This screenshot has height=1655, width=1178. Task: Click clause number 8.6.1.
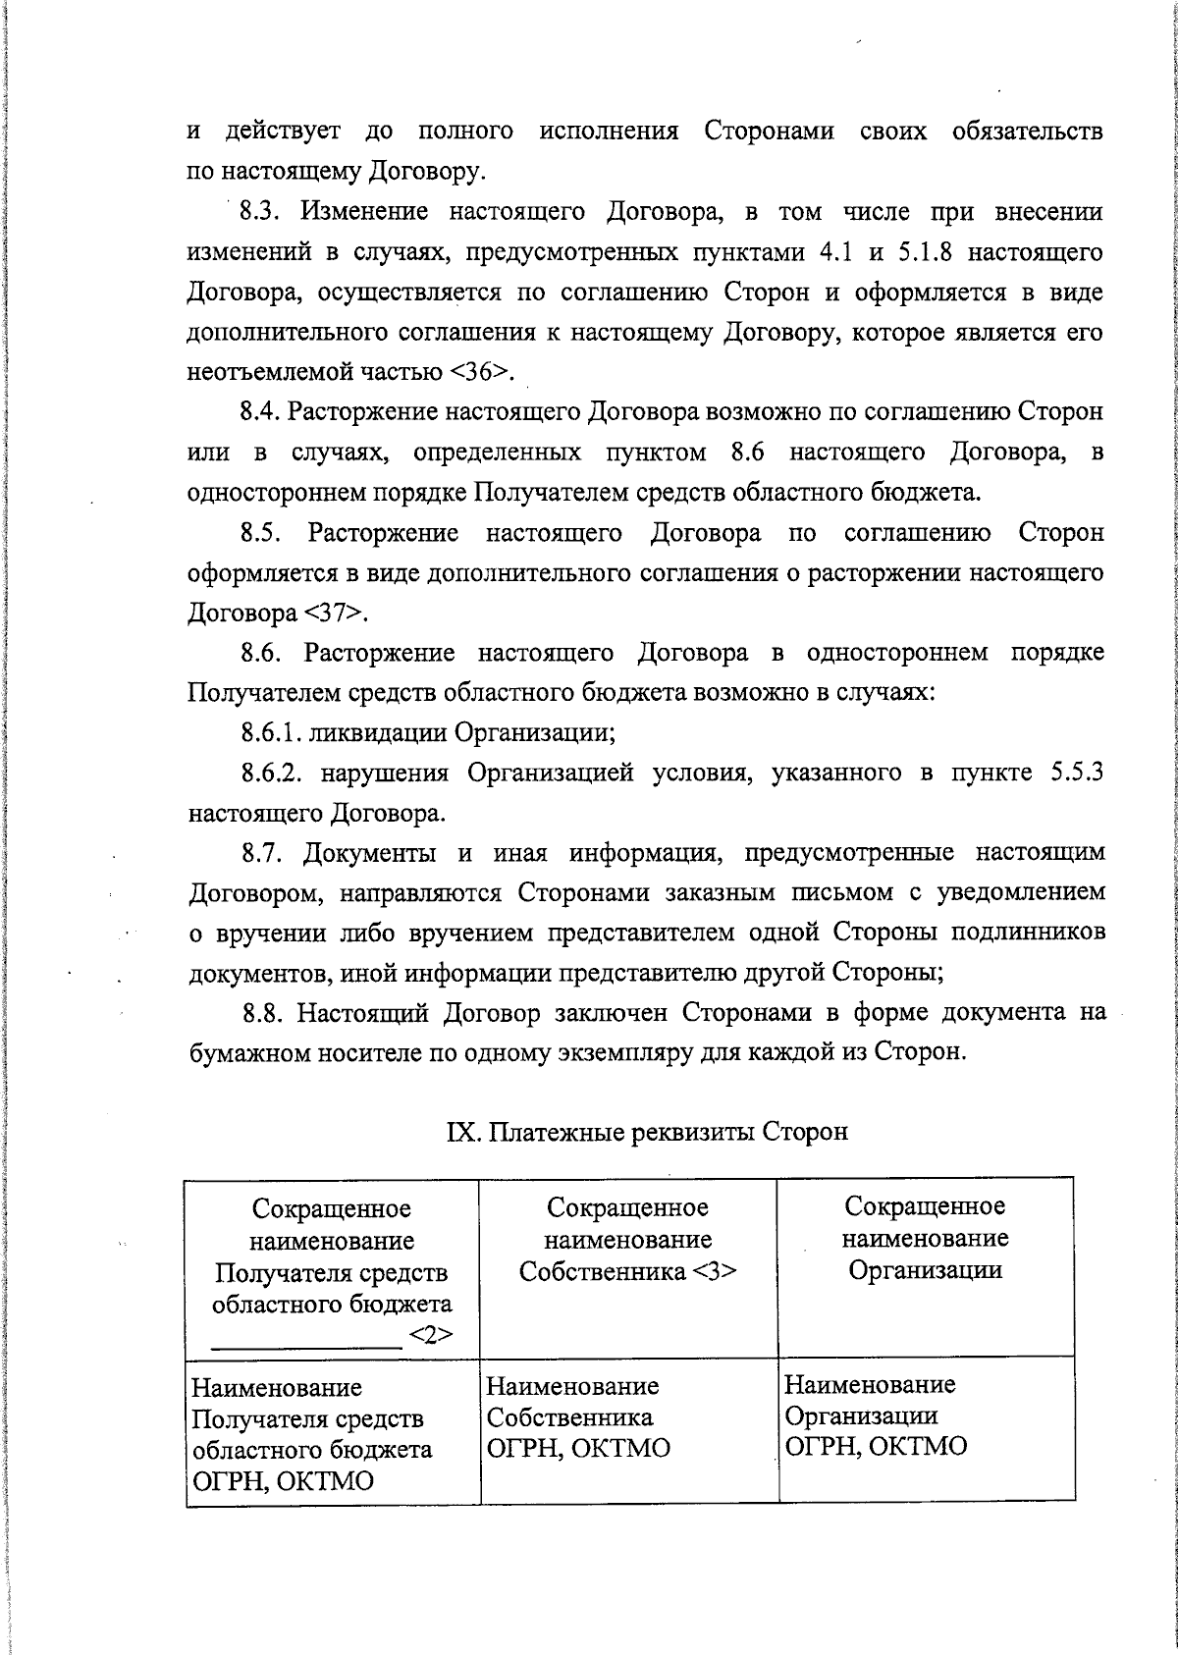[269, 732]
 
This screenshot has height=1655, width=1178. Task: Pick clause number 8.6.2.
[270, 773]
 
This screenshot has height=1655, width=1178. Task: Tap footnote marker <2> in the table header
[429, 1335]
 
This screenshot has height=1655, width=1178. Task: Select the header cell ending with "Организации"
[925, 1239]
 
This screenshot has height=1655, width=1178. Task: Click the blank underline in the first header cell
[306, 1346]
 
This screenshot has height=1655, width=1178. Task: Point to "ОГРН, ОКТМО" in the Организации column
[875, 1447]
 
